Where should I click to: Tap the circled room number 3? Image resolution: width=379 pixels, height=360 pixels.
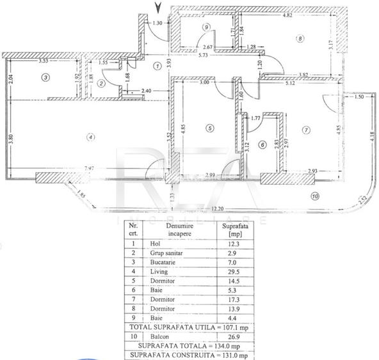tap(45, 77)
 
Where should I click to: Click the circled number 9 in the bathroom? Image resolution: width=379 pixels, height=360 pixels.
tap(206, 26)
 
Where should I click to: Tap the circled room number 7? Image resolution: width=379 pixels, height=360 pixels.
tap(307, 130)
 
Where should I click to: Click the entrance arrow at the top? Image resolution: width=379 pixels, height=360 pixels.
tap(158, 8)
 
